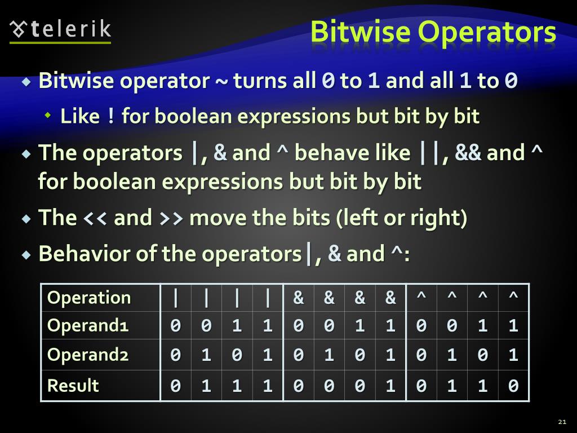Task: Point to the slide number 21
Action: [x=561, y=422]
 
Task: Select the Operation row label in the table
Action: [x=89, y=298]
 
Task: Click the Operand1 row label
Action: [x=88, y=326]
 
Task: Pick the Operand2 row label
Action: [x=88, y=355]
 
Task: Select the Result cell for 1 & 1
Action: [x=390, y=386]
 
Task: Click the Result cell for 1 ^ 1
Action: [x=513, y=386]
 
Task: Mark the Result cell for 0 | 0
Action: [x=176, y=386]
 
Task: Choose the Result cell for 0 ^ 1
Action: [x=452, y=386]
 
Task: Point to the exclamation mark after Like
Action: [x=110, y=117]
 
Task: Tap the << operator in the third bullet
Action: [x=95, y=218]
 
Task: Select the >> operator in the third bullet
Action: [x=171, y=218]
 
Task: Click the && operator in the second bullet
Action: [x=468, y=153]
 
